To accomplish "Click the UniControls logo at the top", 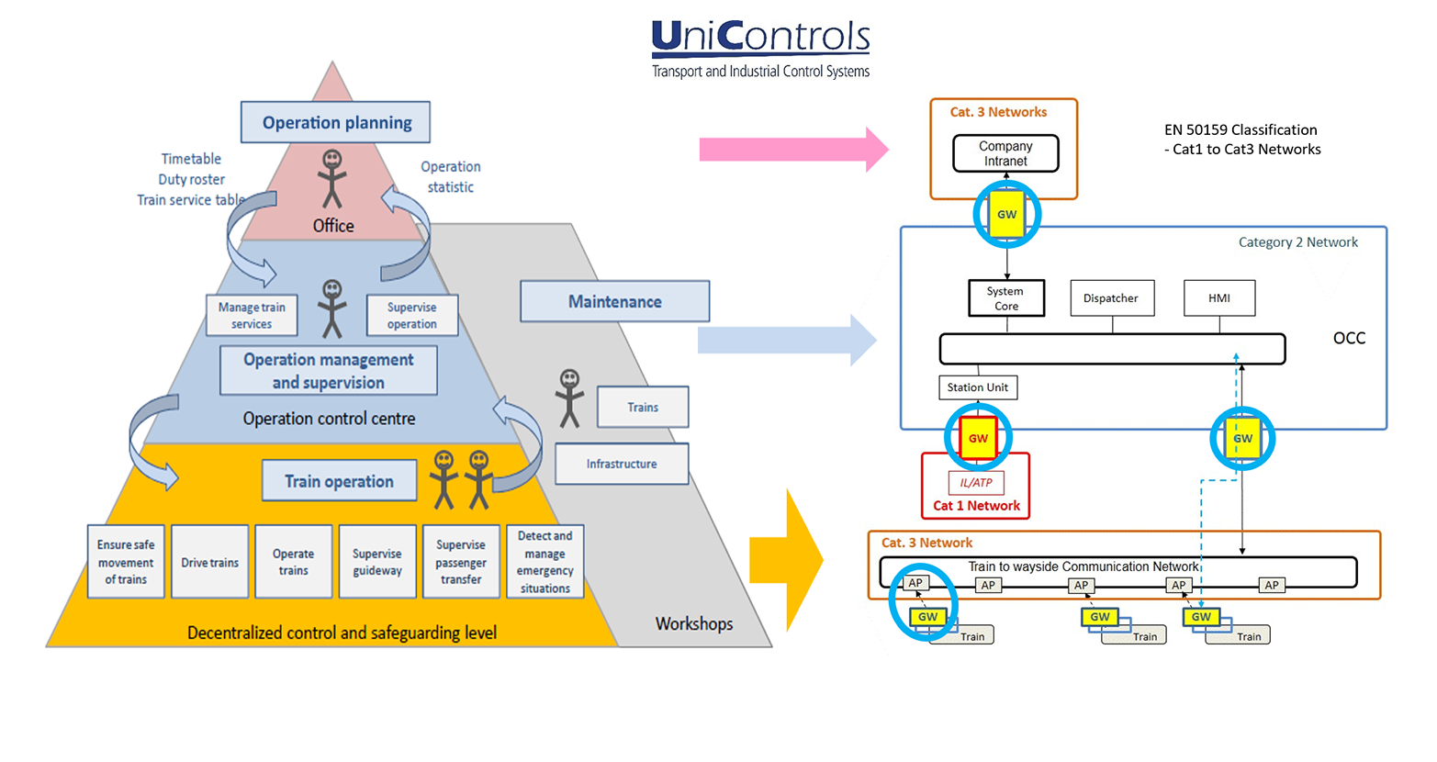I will (x=760, y=48).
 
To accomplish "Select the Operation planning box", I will (x=336, y=122).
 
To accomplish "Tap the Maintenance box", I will (x=614, y=301).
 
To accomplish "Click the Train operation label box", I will (x=339, y=481).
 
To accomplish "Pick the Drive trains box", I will (x=209, y=562).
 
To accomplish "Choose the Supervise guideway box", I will (x=377, y=562).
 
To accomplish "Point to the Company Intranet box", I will (x=1005, y=153).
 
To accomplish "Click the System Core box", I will (x=1006, y=298).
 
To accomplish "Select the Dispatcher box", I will (x=1111, y=298).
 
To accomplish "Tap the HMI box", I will (x=1219, y=298).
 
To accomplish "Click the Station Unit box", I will (x=977, y=387).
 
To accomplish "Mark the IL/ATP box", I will (x=976, y=483).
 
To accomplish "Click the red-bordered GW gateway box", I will (x=979, y=439).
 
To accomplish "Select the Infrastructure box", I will (x=622, y=465).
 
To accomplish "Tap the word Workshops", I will (x=694, y=624).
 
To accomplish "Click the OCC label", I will (x=1349, y=339).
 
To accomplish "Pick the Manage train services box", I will (x=252, y=315).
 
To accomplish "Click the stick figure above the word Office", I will (x=332, y=179).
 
